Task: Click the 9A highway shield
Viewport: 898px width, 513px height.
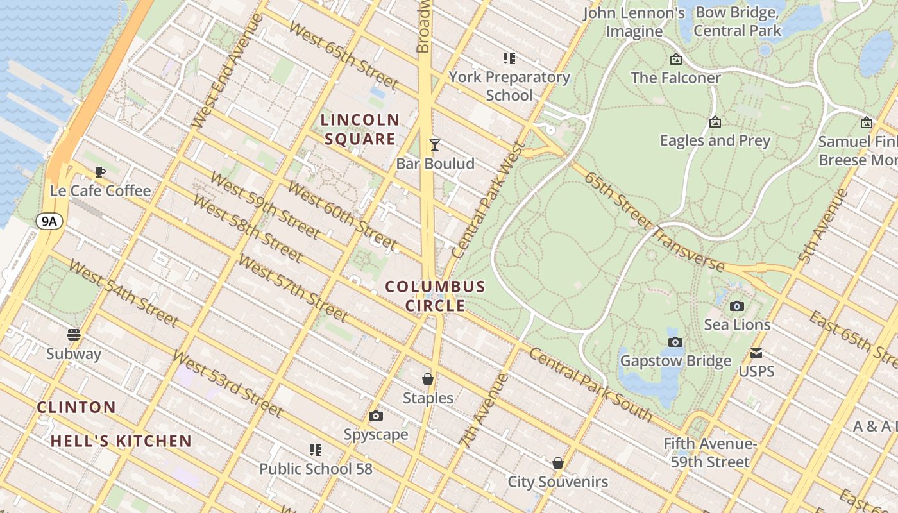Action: (x=50, y=222)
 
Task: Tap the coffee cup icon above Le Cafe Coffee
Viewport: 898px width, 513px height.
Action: (x=99, y=172)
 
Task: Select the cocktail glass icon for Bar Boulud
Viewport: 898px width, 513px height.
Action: (x=435, y=145)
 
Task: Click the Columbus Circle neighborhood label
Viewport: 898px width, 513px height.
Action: (x=435, y=296)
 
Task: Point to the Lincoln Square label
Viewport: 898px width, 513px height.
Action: (x=360, y=129)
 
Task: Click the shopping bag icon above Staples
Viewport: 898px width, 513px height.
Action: (x=428, y=380)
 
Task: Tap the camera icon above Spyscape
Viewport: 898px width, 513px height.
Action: (x=376, y=416)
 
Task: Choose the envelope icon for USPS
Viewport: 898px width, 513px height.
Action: (x=756, y=353)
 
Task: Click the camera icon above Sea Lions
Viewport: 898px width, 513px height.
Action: (x=737, y=307)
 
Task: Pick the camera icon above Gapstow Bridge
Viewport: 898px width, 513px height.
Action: (x=675, y=342)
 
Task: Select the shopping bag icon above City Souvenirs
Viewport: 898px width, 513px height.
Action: (x=558, y=463)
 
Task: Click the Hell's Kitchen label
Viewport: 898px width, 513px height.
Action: (x=121, y=441)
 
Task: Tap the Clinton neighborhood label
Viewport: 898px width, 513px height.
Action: (x=76, y=407)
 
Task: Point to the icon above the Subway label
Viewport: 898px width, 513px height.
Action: (x=74, y=335)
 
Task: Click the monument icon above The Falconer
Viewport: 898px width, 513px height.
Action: (x=675, y=60)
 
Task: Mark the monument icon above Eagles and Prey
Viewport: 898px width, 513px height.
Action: (x=715, y=122)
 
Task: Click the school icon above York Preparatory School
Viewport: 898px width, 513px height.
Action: (x=509, y=59)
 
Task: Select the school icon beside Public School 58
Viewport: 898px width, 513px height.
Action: (x=315, y=450)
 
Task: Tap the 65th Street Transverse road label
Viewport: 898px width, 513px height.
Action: (x=654, y=221)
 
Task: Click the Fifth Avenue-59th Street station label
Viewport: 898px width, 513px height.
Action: (x=710, y=453)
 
